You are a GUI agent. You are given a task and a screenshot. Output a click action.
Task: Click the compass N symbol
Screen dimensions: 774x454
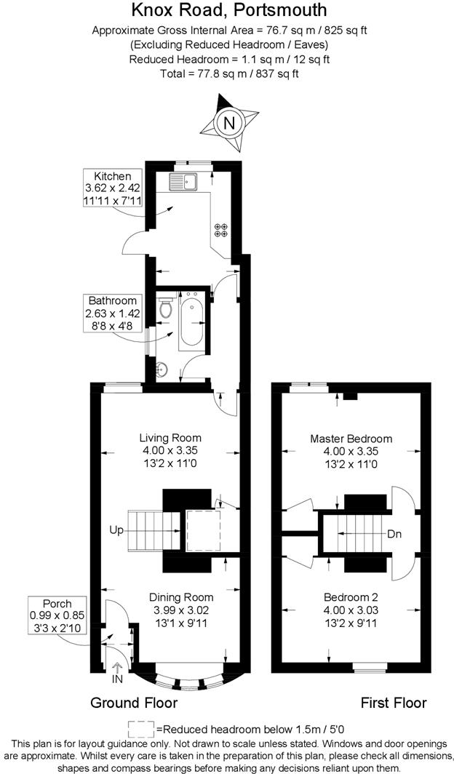229,123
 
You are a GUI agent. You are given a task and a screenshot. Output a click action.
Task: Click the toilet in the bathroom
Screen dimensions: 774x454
166,308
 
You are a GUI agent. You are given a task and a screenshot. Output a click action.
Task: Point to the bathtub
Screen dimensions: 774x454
192,320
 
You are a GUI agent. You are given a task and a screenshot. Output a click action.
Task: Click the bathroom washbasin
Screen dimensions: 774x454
162,370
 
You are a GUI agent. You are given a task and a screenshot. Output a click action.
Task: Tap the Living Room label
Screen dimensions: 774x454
170,438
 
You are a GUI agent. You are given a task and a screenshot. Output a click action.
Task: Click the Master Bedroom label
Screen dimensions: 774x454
351,439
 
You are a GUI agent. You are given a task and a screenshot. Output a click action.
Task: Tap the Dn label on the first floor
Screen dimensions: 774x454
394,534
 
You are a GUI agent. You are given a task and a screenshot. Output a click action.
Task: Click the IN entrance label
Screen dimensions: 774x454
117,679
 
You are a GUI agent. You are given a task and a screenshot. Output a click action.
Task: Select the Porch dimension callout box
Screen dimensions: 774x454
57,615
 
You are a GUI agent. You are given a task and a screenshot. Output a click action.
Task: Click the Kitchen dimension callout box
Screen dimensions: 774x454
112,188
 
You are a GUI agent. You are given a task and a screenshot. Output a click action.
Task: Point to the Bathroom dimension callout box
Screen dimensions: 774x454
112,313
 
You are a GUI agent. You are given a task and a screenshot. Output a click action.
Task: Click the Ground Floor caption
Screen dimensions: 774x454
134,703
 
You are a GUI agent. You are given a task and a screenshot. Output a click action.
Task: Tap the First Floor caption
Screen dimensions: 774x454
394,703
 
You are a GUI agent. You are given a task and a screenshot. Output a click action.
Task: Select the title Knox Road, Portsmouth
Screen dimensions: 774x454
228,10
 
